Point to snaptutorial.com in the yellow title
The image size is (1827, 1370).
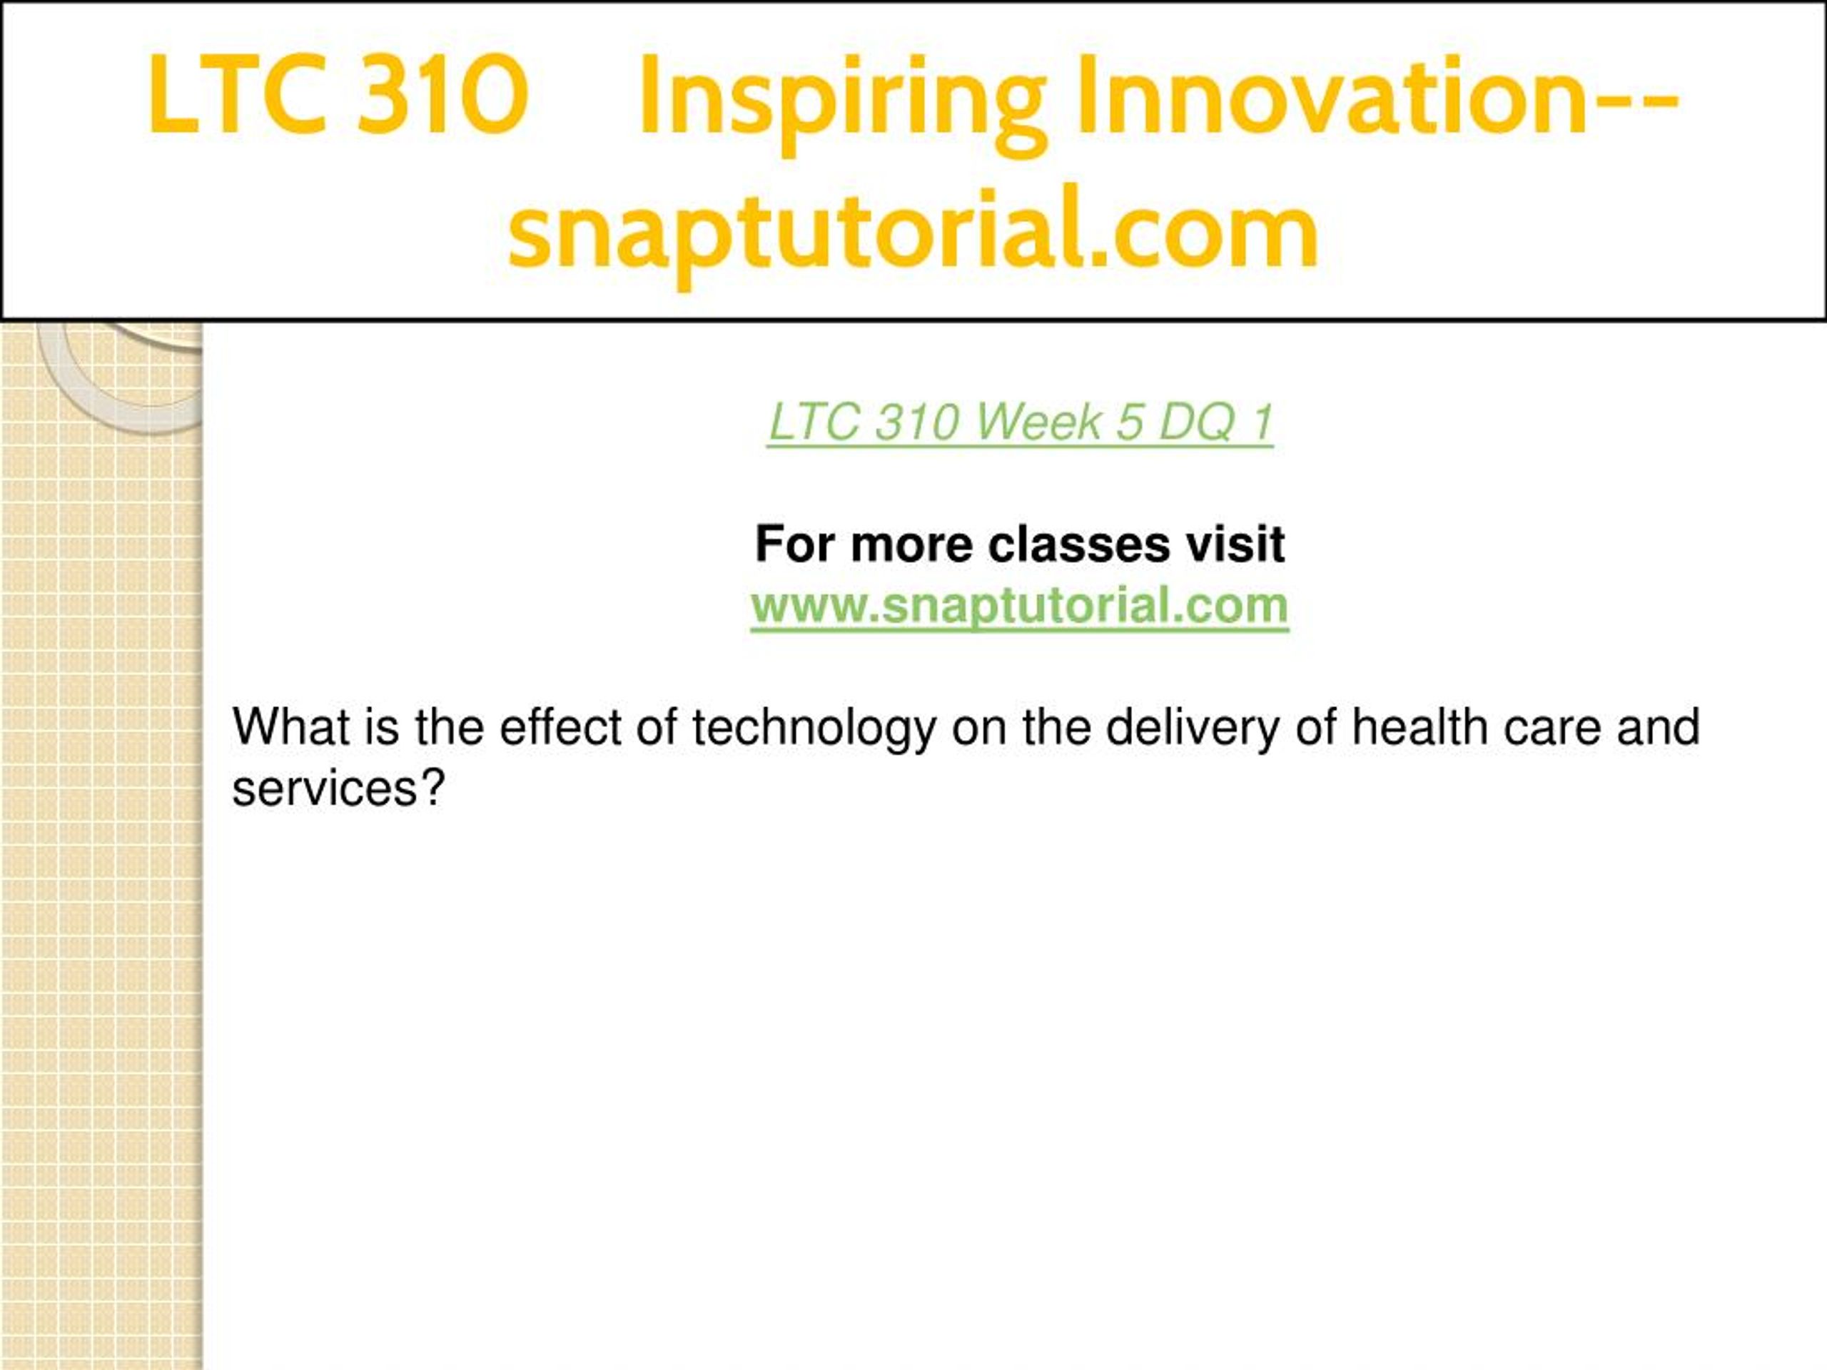coord(912,234)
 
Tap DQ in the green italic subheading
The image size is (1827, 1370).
coord(1197,423)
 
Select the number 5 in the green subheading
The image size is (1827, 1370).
coord(1129,423)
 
